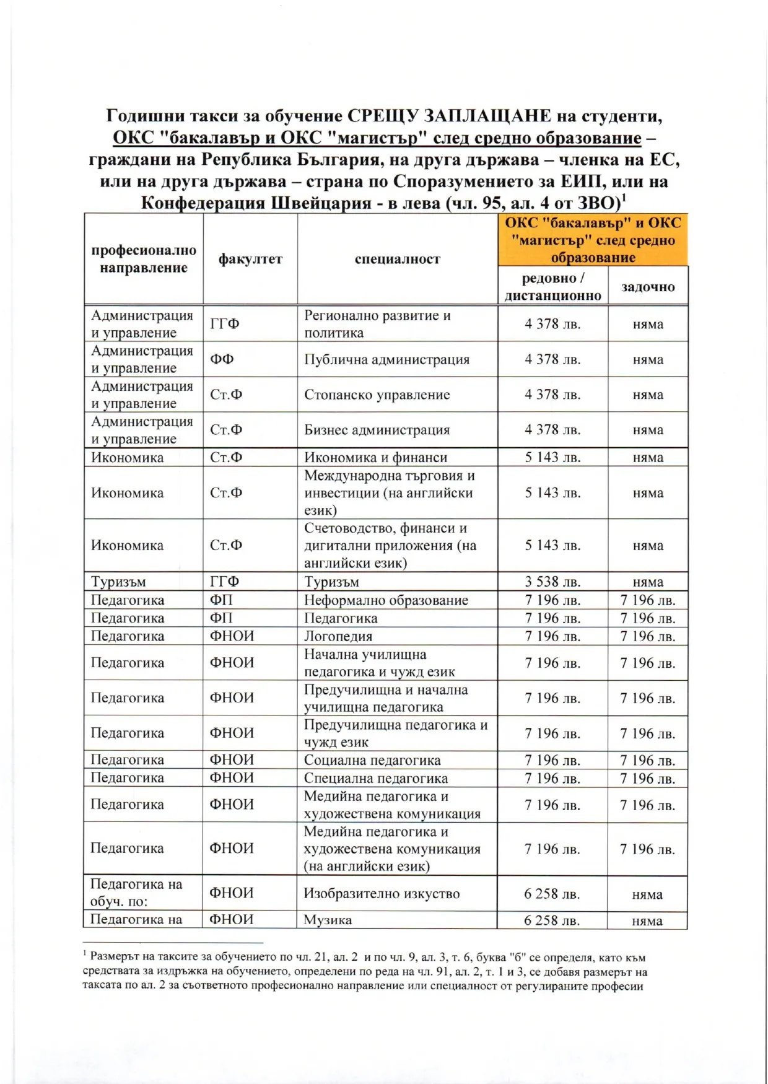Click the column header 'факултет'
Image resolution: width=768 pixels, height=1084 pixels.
[x=250, y=259]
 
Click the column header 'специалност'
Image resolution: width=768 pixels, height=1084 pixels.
[x=397, y=259]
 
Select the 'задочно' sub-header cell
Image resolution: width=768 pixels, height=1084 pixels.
[x=648, y=286]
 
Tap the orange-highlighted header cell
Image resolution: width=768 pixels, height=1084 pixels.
[x=593, y=240]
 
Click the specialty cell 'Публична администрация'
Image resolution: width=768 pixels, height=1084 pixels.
[x=386, y=359]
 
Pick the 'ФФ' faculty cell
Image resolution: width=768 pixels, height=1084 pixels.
[x=222, y=359]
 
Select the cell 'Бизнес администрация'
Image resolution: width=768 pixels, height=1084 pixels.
[x=377, y=430]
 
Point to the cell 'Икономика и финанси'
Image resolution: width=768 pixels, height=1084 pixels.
[x=375, y=458]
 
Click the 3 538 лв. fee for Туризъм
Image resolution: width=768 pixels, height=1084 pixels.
[x=552, y=582]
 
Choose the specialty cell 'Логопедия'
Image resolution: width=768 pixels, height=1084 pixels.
[x=338, y=636]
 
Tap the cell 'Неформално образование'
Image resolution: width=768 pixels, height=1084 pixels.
[x=386, y=600]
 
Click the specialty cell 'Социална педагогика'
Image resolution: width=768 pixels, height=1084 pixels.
[x=372, y=760]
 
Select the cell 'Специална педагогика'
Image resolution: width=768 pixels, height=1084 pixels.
[x=375, y=778]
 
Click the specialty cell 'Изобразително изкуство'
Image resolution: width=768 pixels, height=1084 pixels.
[x=382, y=893]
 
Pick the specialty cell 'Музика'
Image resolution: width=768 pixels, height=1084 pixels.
[x=328, y=920]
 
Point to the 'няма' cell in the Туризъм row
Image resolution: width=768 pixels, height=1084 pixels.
[x=648, y=582]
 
